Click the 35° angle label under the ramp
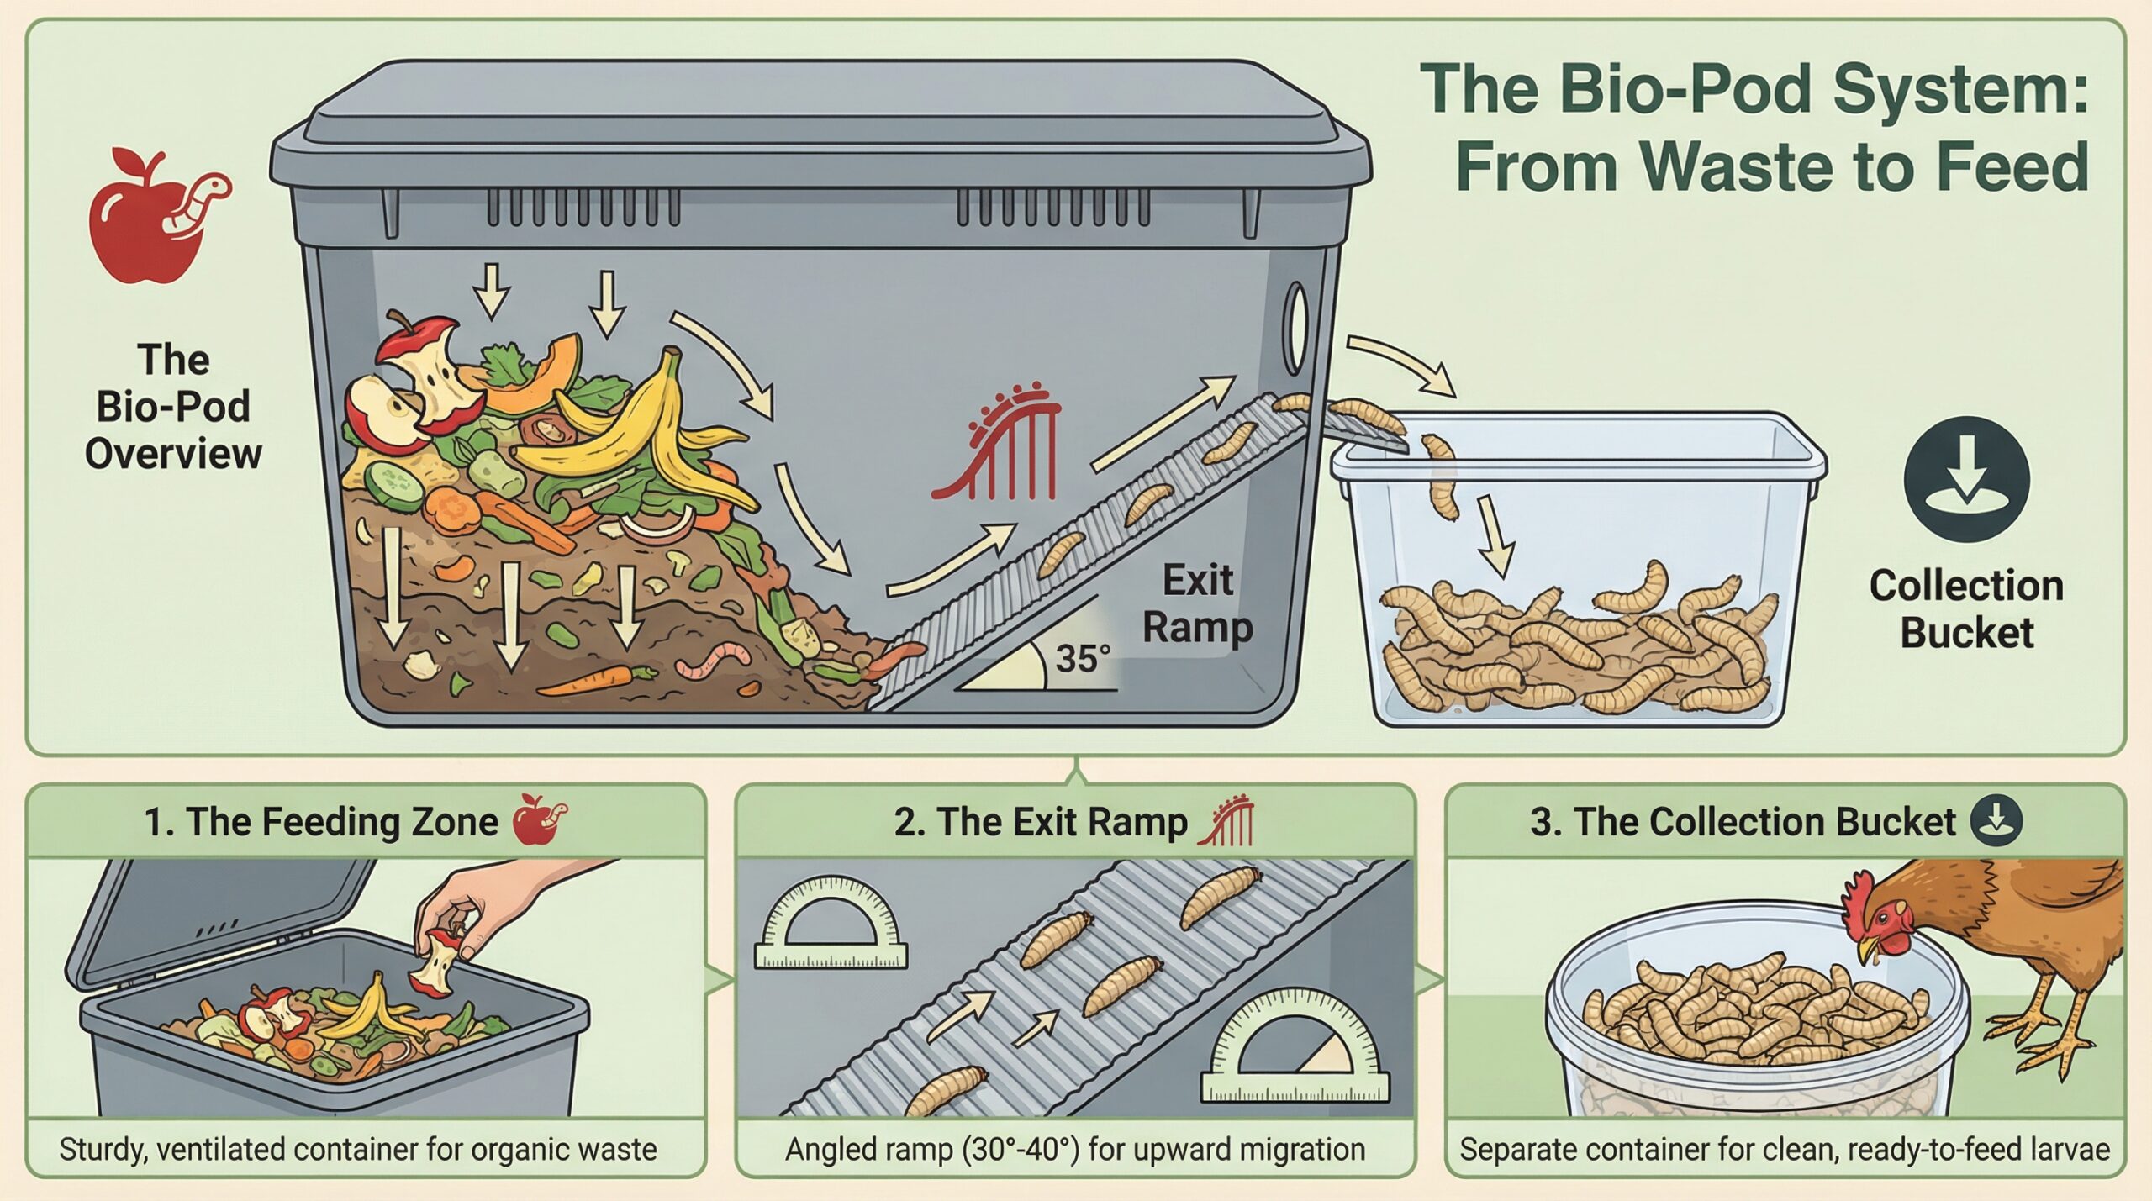point(1083,658)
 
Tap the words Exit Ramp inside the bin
point(1197,603)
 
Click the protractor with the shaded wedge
point(1295,1046)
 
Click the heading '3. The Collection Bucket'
point(1743,821)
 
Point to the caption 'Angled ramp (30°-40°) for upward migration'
point(1075,1149)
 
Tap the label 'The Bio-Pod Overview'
point(173,406)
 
